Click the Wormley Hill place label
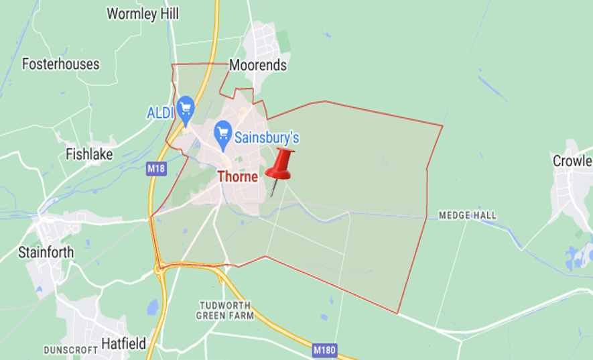click(x=142, y=13)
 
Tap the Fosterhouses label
click(x=60, y=64)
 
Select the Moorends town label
click(x=258, y=65)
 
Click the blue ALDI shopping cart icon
click(x=185, y=107)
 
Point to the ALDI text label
click(x=161, y=112)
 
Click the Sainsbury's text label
click(x=266, y=138)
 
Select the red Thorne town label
click(x=237, y=176)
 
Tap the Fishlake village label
click(x=89, y=154)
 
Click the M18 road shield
click(x=155, y=171)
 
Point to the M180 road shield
click(x=324, y=350)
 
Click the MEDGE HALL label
click(x=468, y=215)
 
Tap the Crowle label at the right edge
click(x=572, y=161)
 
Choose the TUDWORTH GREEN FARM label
click(x=225, y=310)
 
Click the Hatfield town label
click(x=123, y=343)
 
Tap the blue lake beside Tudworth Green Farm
click(x=152, y=308)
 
